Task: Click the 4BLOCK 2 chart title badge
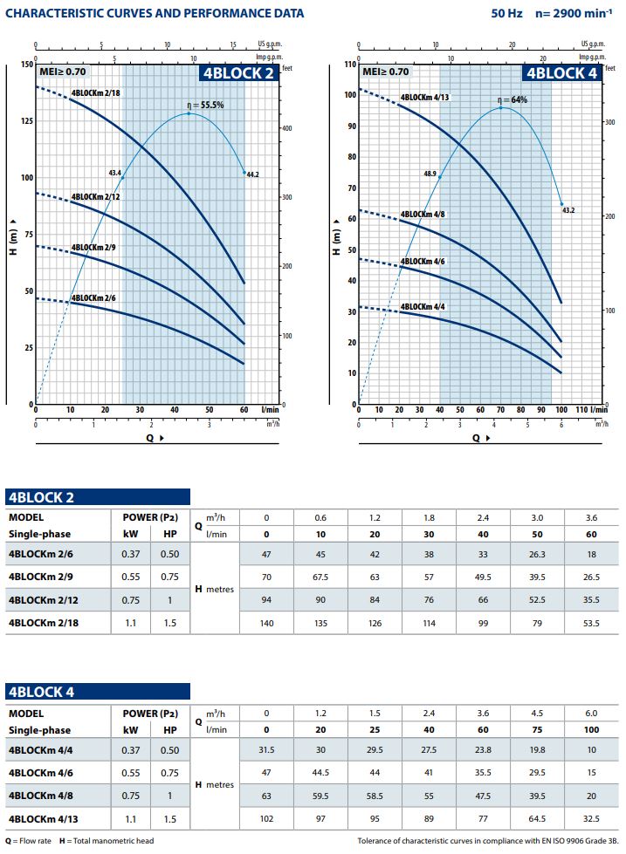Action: (x=238, y=73)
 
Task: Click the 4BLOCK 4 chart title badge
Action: (x=562, y=73)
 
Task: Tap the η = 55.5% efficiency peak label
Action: (x=206, y=105)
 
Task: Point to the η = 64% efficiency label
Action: (x=512, y=100)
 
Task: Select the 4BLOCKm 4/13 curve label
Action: (x=424, y=98)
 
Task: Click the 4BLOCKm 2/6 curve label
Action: (x=93, y=298)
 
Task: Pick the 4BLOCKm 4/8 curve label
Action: (x=423, y=215)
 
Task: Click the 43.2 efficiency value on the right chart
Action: (x=568, y=210)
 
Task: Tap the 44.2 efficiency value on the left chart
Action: (x=253, y=174)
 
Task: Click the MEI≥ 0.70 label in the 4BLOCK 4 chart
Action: (x=385, y=72)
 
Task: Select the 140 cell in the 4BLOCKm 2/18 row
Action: (x=266, y=622)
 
